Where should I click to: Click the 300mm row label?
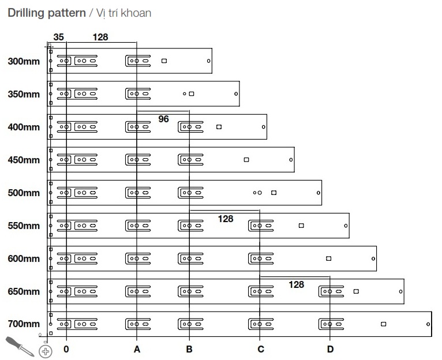[24, 61]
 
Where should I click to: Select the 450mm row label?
[24, 160]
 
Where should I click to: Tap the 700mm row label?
[24, 324]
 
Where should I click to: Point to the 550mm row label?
[24, 226]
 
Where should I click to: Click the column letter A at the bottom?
[137, 349]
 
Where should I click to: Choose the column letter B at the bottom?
[189, 349]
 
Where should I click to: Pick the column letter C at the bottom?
[261, 349]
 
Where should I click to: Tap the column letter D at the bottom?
[330, 349]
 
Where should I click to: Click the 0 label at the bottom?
[66, 349]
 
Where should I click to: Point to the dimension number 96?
[163, 119]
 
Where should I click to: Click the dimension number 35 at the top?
[58, 37]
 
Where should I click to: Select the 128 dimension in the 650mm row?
[296, 284]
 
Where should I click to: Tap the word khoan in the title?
[137, 12]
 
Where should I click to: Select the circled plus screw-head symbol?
[45, 350]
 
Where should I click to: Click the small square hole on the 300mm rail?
[164, 61]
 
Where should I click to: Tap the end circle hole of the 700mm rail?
[428, 324]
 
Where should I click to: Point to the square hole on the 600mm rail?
[329, 258]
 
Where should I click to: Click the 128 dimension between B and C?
[226, 219]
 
